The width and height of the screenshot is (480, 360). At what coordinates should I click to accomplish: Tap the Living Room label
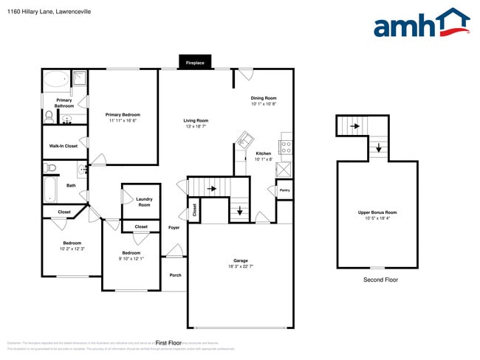point(196,120)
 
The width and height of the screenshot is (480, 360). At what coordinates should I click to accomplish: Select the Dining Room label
point(264,98)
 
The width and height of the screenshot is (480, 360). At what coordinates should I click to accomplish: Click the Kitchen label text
point(264,153)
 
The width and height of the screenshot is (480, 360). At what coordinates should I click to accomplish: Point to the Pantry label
point(284,190)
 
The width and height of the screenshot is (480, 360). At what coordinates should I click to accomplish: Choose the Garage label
point(241,260)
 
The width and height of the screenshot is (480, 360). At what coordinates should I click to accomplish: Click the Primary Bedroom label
point(123,114)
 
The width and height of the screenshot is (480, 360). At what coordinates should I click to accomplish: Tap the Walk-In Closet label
point(63,146)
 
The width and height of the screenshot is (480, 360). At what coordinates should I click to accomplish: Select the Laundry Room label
point(143,202)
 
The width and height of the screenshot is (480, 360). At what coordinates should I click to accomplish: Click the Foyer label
point(174,227)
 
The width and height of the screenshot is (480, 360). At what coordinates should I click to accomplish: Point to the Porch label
point(175,275)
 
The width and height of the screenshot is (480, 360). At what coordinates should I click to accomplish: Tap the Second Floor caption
point(380,280)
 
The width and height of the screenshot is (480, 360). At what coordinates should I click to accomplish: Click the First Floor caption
point(168,343)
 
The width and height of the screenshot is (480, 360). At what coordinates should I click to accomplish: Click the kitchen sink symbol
point(244,139)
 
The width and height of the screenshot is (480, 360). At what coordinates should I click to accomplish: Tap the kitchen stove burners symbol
point(286,146)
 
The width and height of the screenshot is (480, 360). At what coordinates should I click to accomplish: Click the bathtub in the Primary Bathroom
point(55,79)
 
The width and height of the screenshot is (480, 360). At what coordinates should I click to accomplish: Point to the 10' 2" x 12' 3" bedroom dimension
point(72,249)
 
